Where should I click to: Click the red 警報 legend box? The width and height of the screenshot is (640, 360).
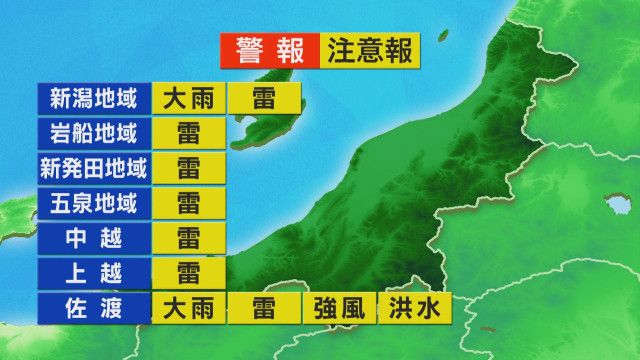[x=268, y=49]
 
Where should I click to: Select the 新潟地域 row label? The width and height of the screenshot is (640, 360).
[x=92, y=99]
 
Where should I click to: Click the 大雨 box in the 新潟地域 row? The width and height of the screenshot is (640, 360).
[x=189, y=99]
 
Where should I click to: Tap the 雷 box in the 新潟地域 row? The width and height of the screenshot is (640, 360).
[x=264, y=99]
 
